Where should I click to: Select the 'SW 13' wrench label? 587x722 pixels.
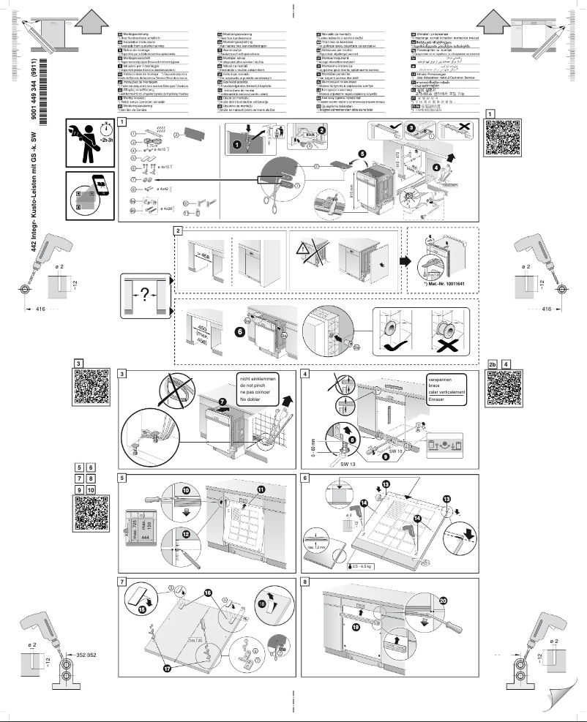(x=350, y=464)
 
